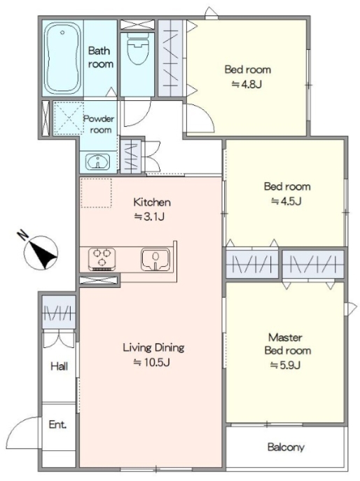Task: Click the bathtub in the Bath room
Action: pyautogui.click(x=62, y=58)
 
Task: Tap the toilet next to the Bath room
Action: pyautogui.click(x=138, y=48)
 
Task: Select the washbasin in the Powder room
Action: pyautogui.click(x=97, y=161)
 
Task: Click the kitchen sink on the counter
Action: pyautogui.click(x=155, y=259)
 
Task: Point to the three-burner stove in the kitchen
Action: pyautogui.click(x=102, y=258)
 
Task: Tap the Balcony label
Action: pyautogui.click(x=286, y=447)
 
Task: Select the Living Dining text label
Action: pyautogui.click(x=153, y=347)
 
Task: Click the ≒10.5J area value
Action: pyautogui.click(x=151, y=363)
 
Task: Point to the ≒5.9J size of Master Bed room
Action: pyautogui.click(x=285, y=365)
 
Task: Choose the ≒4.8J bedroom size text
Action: pyautogui.click(x=247, y=84)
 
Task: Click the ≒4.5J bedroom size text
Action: pyautogui.click(x=286, y=201)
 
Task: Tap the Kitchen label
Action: pyautogui.click(x=152, y=202)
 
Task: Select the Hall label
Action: pyautogui.click(x=60, y=366)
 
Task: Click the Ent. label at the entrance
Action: pyautogui.click(x=57, y=424)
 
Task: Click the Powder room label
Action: pyautogui.click(x=99, y=124)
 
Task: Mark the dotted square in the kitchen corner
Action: pyautogui.click(x=96, y=193)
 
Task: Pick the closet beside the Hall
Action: pyautogui.click(x=59, y=312)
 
